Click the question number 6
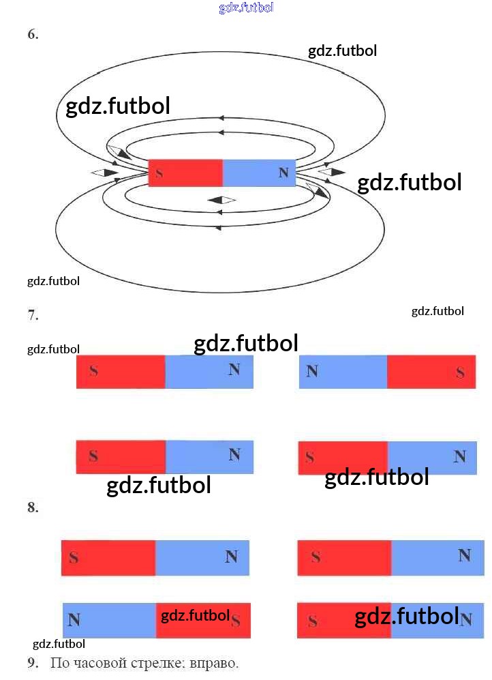pos(33,35)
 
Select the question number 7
pos(33,315)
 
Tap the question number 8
pos(33,507)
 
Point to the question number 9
pos(33,663)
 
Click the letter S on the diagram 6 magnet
pos(159,173)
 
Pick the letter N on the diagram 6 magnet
pos(283,173)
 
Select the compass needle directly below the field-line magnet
pos(221,200)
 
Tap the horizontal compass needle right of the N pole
pos(332,171)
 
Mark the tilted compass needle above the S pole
pos(119,153)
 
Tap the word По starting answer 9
pos(59,663)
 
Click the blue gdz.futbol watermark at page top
pos(246,8)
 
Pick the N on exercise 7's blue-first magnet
pos(312,371)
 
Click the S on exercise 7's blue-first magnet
pos(461,372)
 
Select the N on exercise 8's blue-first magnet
pos(74,620)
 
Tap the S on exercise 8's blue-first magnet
pos(236,621)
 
